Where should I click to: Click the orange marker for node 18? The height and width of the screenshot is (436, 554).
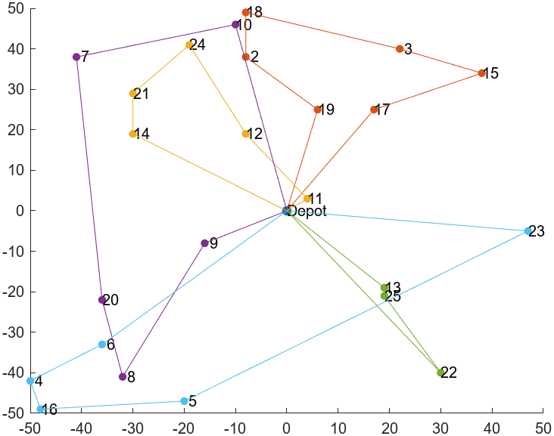click(245, 12)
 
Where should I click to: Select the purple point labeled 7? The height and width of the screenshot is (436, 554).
click(76, 57)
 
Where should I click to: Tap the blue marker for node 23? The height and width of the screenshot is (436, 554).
click(528, 230)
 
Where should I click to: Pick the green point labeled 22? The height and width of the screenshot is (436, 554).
click(440, 372)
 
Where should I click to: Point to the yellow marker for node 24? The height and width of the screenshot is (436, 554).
click(189, 45)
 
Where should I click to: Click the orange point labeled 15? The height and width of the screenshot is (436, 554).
click(481, 73)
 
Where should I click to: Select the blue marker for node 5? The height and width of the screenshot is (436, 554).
click(184, 400)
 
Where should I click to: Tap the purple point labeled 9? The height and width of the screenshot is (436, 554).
click(204, 243)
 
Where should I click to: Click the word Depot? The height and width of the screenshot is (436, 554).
click(308, 212)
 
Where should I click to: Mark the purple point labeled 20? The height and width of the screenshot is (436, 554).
click(102, 299)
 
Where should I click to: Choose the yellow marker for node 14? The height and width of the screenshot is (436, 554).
click(132, 134)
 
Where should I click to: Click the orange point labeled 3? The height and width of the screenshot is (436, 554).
click(400, 49)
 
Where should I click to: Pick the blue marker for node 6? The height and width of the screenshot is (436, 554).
click(102, 344)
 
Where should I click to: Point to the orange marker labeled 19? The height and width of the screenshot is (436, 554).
click(317, 110)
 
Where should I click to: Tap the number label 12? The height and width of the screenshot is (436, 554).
click(255, 134)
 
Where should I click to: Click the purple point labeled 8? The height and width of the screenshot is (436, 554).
click(123, 376)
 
